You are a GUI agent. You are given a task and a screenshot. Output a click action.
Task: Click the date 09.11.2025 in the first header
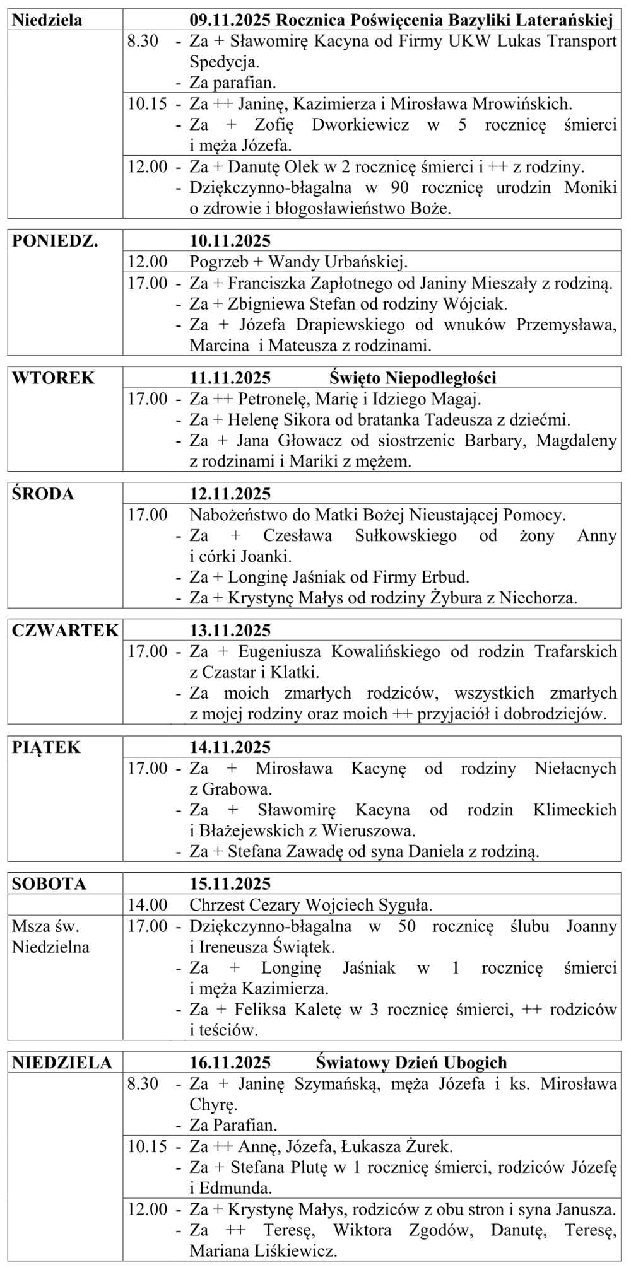click(x=230, y=20)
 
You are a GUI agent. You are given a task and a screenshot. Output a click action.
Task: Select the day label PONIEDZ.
click(x=55, y=241)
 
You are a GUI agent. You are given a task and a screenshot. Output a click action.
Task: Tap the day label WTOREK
click(x=53, y=378)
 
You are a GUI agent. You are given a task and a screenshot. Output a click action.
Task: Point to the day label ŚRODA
click(x=43, y=494)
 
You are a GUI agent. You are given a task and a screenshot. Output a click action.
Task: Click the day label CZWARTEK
click(x=65, y=631)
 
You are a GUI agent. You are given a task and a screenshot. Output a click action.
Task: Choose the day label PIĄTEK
click(x=46, y=747)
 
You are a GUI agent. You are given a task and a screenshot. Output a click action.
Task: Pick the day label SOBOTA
click(x=49, y=884)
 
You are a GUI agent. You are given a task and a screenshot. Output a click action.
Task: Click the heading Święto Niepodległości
click(x=413, y=378)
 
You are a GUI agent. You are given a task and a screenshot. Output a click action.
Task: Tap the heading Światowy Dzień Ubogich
click(x=411, y=1063)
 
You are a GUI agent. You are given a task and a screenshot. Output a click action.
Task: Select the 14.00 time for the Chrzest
click(x=148, y=905)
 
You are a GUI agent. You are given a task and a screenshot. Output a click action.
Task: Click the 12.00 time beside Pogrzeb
click(x=148, y=262)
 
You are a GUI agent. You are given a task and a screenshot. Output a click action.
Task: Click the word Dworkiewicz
click(x=360, y=125)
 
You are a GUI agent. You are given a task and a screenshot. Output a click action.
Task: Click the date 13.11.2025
click(x=230, y=631)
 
